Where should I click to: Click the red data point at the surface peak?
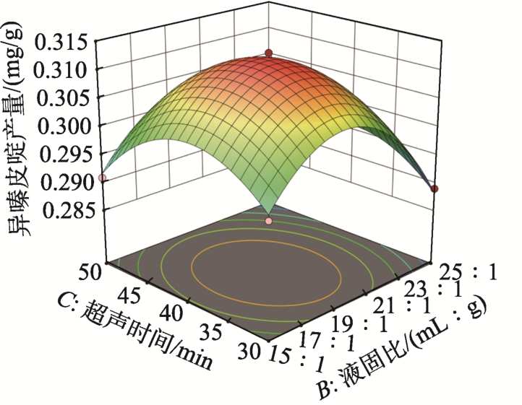tap(269, 53)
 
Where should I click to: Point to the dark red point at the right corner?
tap(435, 189)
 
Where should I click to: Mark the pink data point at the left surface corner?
tap(103, 178)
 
